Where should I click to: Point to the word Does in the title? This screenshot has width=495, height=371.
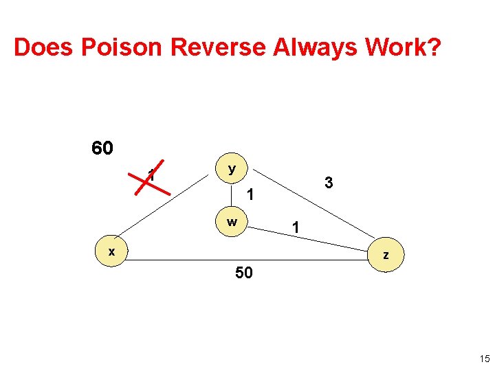coord(44,47)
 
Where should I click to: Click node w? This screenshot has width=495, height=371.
coord(232,223)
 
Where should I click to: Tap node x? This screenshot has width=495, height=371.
coord(111,251)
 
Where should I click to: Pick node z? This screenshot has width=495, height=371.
coord(386,255)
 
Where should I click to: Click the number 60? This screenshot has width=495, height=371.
coord(102,148)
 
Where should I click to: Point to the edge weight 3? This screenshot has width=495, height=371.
coord(329,183)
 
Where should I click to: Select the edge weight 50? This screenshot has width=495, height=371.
coord(244,273)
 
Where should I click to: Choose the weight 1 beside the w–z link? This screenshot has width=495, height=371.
coord(294,227)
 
